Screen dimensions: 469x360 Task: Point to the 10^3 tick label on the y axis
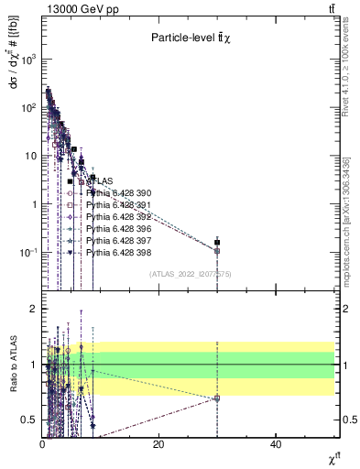pyautogui.click(x=27, y=59)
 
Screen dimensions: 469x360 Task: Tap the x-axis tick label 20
pyautogui.click(x=158, y=444)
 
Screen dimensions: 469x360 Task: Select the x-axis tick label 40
pyautogui.click(x=276, y=444)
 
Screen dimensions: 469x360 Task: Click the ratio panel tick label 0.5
pyautogui.click(x=28, y=420)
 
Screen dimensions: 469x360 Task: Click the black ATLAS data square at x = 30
pyautogui.click(x=217, y=243)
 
